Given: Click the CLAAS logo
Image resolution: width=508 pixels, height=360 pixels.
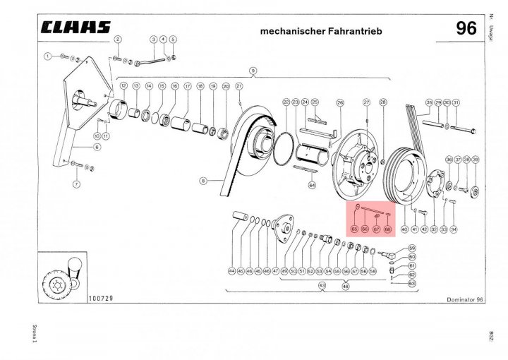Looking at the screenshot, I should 77,28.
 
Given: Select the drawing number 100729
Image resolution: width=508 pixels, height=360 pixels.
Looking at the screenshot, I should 102,299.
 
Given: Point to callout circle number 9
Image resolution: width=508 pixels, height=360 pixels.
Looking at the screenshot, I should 252,70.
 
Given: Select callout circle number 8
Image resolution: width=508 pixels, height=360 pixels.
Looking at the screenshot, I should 202,181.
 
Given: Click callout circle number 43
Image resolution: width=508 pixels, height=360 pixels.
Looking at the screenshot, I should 322,285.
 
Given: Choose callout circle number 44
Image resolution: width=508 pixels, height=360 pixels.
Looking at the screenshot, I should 231,270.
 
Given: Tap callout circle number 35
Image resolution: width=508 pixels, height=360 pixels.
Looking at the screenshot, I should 428,102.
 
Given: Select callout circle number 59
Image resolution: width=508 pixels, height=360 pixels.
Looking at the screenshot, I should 413,248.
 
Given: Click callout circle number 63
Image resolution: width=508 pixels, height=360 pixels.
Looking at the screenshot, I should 413,283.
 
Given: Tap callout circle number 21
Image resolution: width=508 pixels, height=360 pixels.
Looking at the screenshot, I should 239,86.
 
